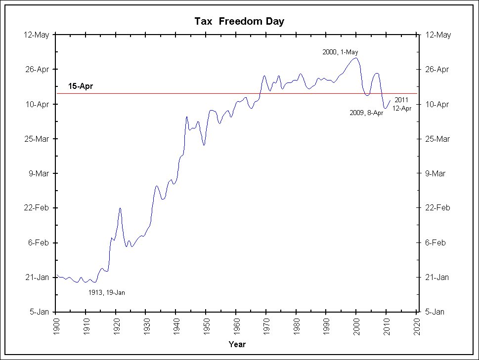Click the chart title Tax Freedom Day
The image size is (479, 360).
(239, 21)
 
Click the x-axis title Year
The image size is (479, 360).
(237, 344)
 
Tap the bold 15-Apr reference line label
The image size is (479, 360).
(81, 86)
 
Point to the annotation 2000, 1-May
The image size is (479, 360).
(340, 52)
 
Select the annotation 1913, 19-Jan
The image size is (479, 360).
(107, 292)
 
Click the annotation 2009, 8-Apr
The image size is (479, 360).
(366, 113)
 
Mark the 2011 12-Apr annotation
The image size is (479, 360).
(402, 105)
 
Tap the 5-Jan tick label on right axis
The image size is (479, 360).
(436, 312)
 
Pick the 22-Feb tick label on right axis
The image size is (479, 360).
(438, 208)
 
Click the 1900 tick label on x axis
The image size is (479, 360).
(56, 326)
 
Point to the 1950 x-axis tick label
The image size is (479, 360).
(206, 326)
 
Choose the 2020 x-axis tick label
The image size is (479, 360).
(416, 326)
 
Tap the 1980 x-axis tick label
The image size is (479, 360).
(296, 326)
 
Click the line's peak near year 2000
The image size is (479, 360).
(355, 58)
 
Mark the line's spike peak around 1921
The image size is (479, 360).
(120, 208)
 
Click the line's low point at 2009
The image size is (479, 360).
(385, 108)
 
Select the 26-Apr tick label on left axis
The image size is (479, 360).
(38, 70)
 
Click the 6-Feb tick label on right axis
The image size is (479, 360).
(436, 242)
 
